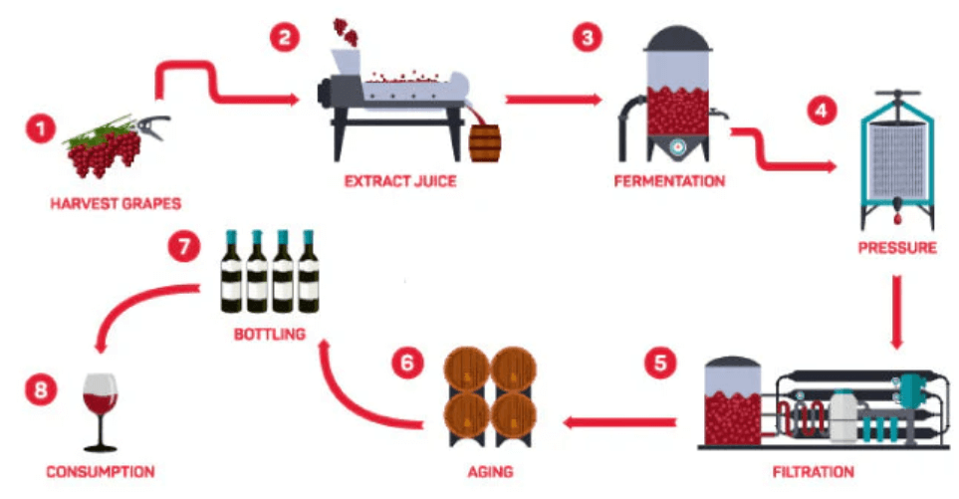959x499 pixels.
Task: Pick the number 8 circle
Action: (39, 390)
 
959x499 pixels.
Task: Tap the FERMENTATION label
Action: (668, 182)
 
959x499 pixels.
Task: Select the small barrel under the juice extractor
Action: (484, 141)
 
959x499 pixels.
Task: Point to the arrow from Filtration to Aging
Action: (617, 422)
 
